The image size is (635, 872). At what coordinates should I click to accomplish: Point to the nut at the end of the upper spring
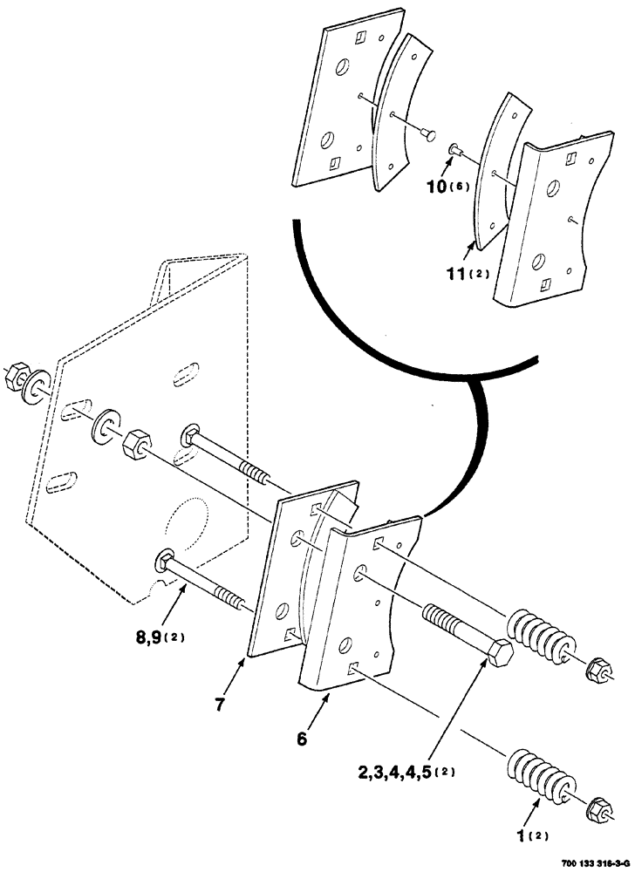pyautogui.click(x=601, y=670)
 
